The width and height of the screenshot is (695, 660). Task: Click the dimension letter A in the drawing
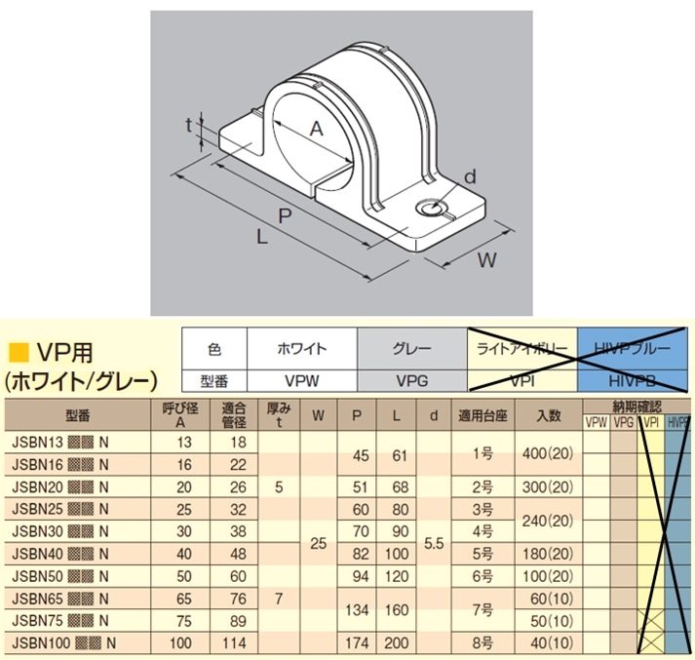[315, 129]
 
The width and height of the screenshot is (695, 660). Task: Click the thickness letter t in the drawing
[190, 127]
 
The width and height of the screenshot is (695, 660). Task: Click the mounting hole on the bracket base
[428, 209]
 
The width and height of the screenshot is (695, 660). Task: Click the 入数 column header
[549, 414]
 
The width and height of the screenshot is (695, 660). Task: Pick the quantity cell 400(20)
[549, 451]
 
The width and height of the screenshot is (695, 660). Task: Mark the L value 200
[396, 642]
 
